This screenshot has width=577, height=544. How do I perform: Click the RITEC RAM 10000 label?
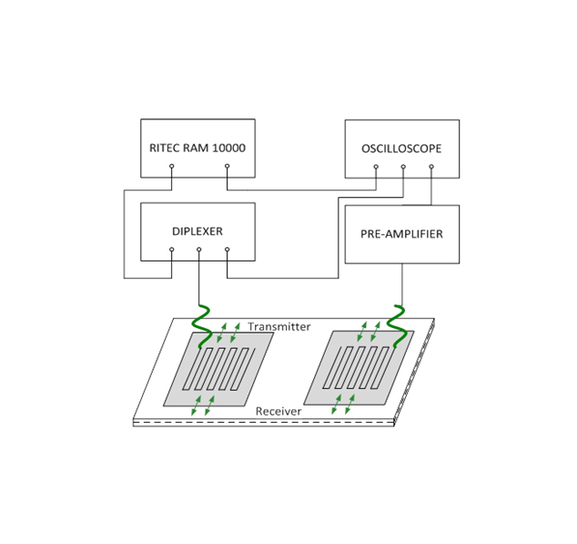click(197, 148)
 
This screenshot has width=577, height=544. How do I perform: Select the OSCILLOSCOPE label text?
click(401, 148)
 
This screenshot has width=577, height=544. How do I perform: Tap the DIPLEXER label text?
click(197, 231)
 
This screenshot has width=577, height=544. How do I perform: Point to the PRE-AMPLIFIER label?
click(401, 234)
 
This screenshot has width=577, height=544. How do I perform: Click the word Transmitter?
click(279, 326)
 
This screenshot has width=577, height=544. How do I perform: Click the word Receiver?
click(278, 412)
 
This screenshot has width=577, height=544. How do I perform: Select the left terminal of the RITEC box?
click(171, 166)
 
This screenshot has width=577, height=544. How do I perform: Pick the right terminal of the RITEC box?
click(227, 166)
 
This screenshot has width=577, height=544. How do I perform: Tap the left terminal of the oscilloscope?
click(375, 166)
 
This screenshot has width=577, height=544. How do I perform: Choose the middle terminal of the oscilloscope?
click(403, 166)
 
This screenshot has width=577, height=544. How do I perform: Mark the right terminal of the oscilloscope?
click(431, 166)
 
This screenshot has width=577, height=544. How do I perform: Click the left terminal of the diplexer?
click(171, 249)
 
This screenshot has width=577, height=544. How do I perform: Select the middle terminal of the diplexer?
click(199, 249)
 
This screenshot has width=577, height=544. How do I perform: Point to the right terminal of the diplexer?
click(227, 249)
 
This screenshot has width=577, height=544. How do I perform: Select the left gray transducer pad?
click(219, 368)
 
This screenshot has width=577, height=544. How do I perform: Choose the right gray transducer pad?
click(358, 368)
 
